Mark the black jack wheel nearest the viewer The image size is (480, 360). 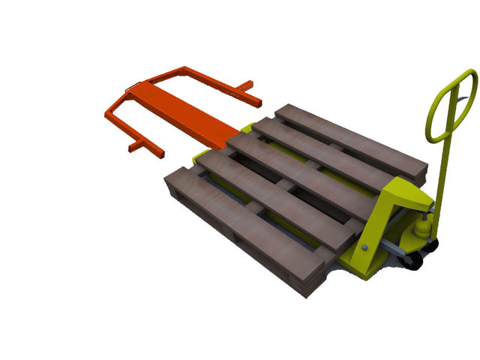(412, 261)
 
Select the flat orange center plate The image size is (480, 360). (180, 112)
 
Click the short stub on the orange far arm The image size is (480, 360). (247, 94)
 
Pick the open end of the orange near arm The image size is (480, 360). (159, 154)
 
